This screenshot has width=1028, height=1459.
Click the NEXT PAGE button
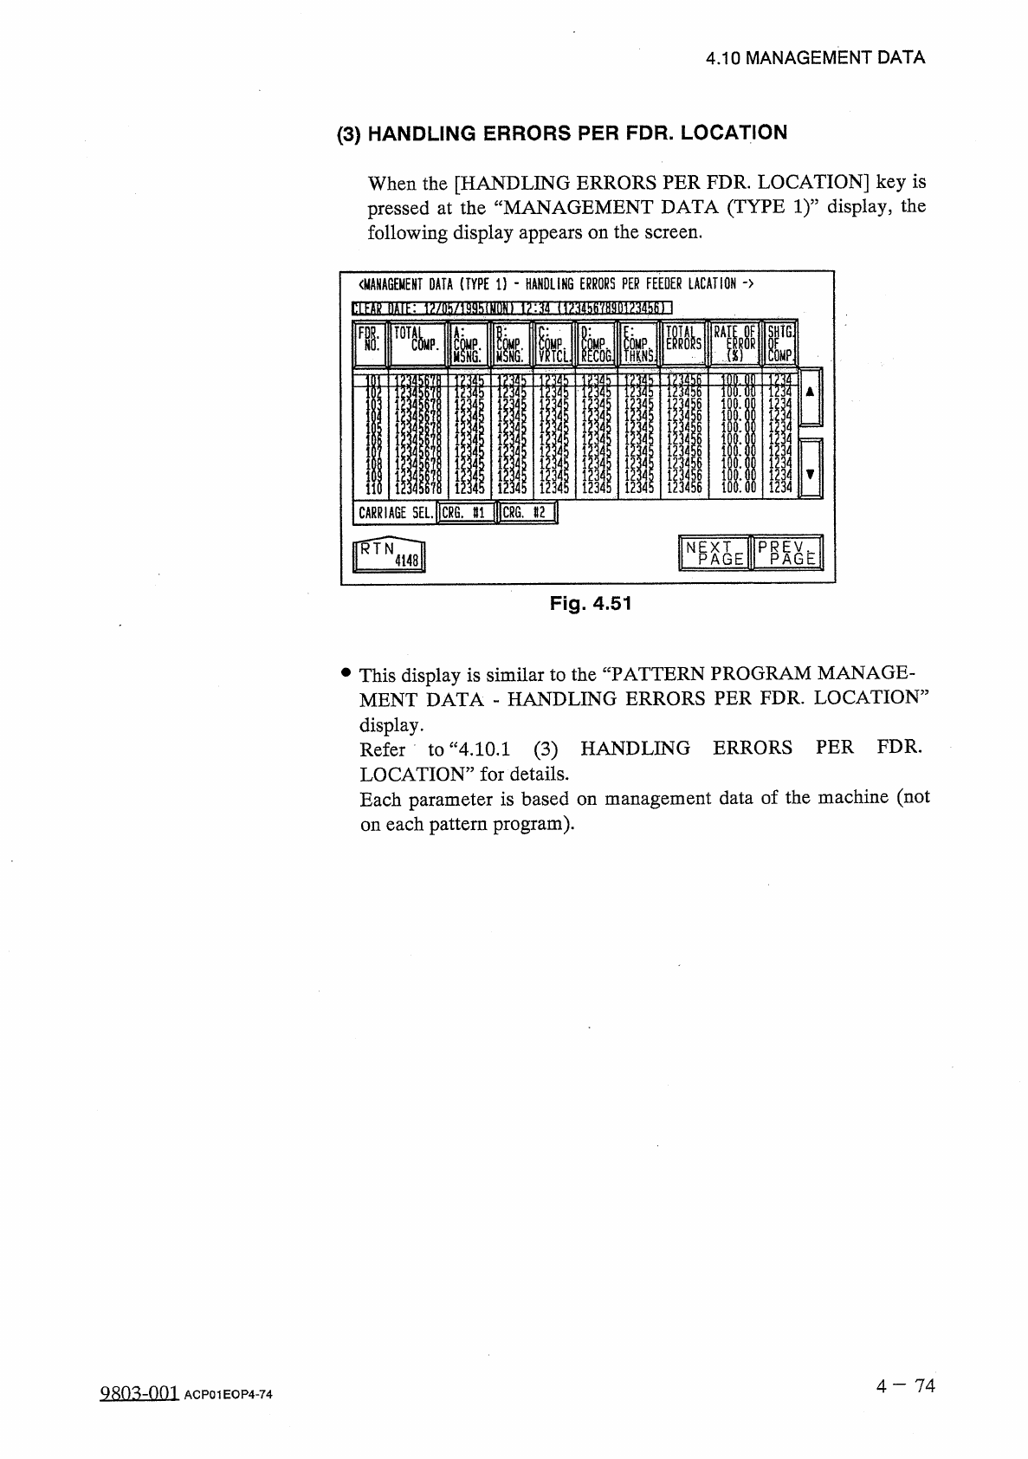(714, 553)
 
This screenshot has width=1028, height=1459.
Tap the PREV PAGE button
(787, 553)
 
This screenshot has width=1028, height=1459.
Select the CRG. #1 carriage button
(466, 513)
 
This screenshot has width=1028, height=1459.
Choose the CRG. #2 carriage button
(527, 513)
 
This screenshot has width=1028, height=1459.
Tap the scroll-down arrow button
(809, 470)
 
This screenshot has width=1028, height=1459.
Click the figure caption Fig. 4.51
(591, 603)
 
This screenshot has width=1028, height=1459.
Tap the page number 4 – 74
(905, 1385)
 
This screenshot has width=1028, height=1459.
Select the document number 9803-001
(139, 1392)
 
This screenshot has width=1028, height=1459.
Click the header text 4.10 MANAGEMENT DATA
(815, 58)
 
